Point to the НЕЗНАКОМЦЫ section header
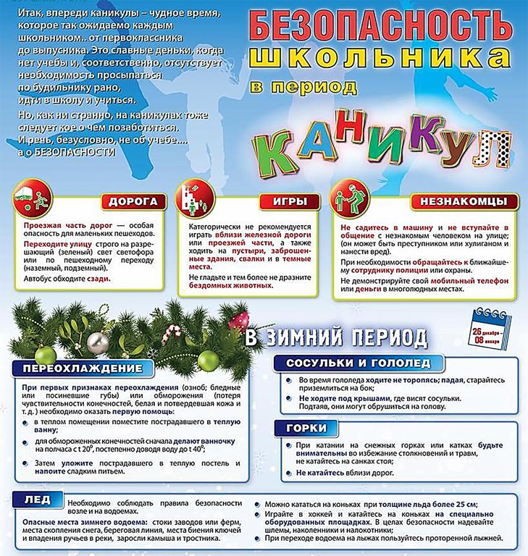click(x=464, y=201)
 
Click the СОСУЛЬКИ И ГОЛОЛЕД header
click(x=359, y=362)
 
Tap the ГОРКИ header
click(x=306, y=428)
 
